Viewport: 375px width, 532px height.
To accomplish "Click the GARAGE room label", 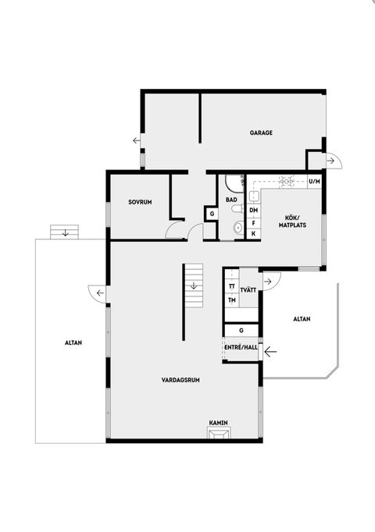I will coord(261,133).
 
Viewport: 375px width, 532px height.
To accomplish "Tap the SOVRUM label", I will coord(140,202).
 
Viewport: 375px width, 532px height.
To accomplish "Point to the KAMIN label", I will coord(218,422).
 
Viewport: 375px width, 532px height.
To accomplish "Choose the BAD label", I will coord(232,200).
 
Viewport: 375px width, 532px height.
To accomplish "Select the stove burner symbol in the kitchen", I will coord(287,181).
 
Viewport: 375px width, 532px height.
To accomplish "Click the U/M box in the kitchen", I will coord(315,182).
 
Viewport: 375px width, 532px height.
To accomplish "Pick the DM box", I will coord(254,211).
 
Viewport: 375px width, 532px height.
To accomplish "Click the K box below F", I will coord(254,233).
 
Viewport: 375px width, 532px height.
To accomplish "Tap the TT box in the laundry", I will coord(232,286).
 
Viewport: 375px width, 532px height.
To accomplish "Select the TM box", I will coord(232,300).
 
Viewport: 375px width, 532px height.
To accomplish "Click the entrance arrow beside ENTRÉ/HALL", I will coord(271,352).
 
